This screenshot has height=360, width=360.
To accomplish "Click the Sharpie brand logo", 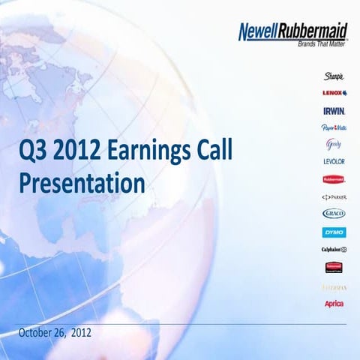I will pos(334,76).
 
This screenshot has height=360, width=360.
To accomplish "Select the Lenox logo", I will pos(334,93).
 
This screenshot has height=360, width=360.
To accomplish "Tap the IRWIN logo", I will pos(334,110).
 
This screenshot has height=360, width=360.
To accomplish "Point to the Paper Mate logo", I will pos(334,127).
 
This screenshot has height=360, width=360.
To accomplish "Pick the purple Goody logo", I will pos(334,144).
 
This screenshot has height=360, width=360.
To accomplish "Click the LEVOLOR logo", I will pos(334,161).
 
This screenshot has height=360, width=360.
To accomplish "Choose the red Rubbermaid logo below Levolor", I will pos(334,179).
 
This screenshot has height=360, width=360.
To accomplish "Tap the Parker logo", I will pos(334,196).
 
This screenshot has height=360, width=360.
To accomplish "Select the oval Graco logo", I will pos(334,214).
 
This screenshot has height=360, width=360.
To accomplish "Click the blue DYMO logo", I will pos(334,232).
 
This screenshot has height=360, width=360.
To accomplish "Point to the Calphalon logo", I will pos(334,249).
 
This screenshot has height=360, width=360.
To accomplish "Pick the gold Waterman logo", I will pos(334,285).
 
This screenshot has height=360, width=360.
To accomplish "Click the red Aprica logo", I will pos(334,303).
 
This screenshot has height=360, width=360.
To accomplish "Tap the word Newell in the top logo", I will pos(260,32).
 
